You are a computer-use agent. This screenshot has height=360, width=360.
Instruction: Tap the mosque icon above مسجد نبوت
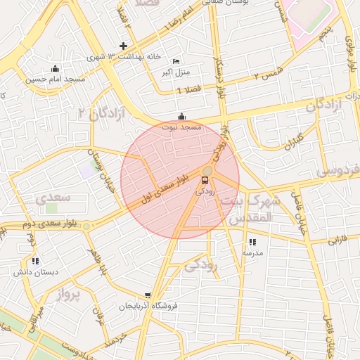click(x=182, y=117)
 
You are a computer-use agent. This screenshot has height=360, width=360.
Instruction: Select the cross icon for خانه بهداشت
click(x=124, y=46)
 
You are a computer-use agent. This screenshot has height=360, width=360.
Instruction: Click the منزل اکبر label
click(x=175, y=72)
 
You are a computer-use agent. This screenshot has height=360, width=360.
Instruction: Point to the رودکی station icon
click(x=205, y=181)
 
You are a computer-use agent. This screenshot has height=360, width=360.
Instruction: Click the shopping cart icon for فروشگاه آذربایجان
click(x=148, y=296)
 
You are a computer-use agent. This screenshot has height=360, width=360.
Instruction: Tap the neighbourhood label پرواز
click(x=69, y=294)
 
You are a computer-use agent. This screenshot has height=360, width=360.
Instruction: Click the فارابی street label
click(x=337, y=240)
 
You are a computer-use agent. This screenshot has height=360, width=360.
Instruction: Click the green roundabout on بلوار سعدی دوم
click(x=86, y=226)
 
